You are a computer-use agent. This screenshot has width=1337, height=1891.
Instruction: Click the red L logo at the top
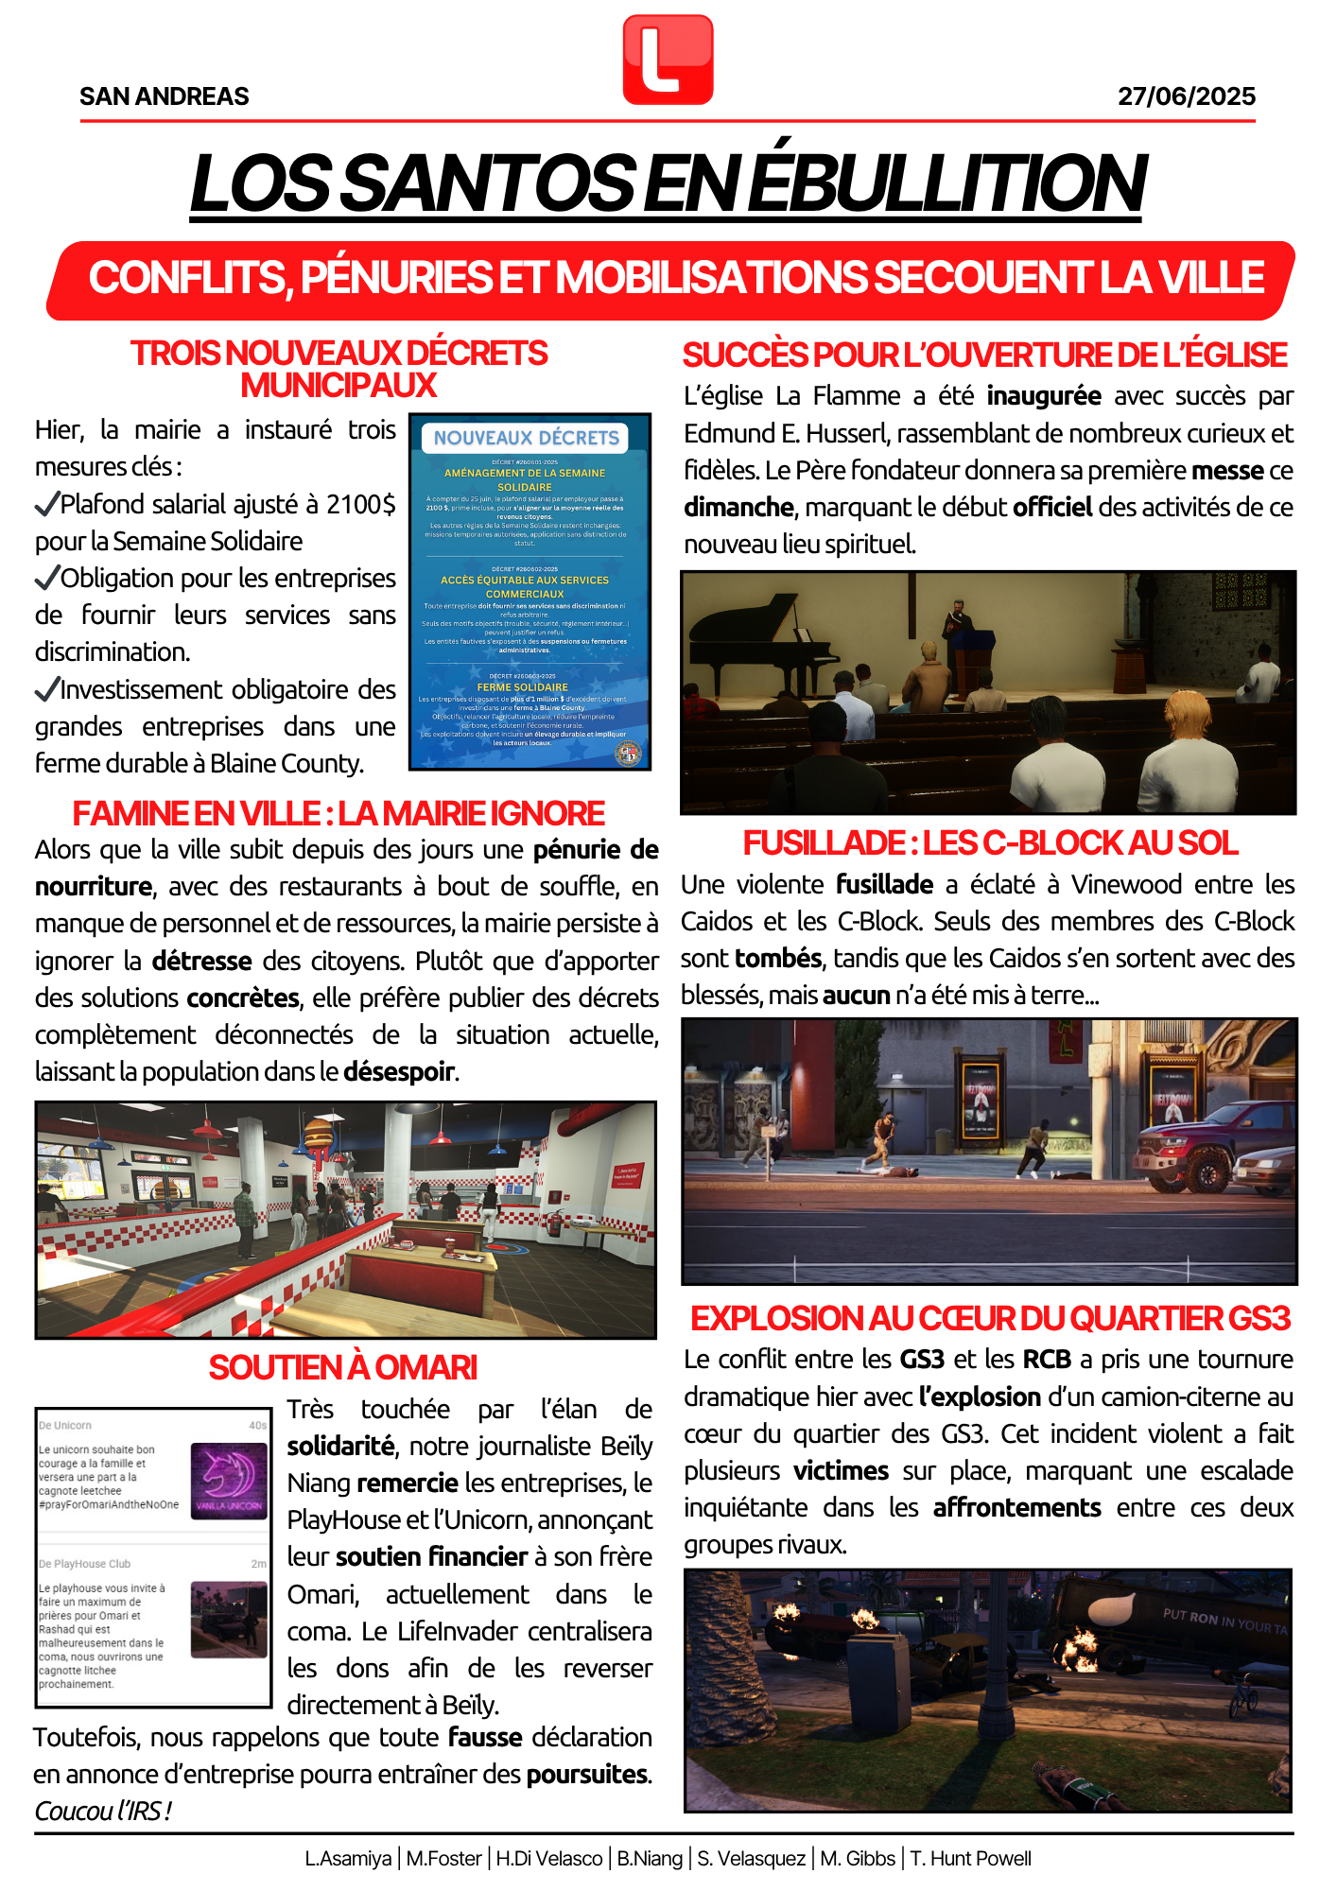click(668, 60)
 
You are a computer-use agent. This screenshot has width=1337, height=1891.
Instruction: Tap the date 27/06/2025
click(1187, 96)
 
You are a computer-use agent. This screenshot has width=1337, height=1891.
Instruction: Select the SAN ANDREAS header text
click(165, 96)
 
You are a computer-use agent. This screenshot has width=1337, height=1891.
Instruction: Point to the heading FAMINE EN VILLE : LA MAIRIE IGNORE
click(339, 813)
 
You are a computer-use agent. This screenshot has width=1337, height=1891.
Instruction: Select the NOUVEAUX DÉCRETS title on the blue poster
click(526, 438)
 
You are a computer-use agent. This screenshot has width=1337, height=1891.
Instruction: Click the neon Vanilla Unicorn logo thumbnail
click(229, 1481)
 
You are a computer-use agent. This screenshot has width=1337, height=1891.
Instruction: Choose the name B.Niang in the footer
click(650, 1859)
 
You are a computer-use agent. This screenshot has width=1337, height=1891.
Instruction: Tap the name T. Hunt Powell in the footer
click(970, 1859)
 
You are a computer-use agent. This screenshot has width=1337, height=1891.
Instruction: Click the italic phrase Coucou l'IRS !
click(103, 1812)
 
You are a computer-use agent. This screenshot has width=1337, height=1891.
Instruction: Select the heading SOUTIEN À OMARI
click(342, 1367)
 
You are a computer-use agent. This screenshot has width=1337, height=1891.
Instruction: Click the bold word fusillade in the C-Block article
click(884, 885)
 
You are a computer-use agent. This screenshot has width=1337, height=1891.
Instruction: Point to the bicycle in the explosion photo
click(1242, 1692)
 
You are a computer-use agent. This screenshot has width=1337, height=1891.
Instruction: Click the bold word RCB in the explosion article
click(1047, 1360)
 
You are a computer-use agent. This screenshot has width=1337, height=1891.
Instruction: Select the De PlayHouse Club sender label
click(84, 1564)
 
